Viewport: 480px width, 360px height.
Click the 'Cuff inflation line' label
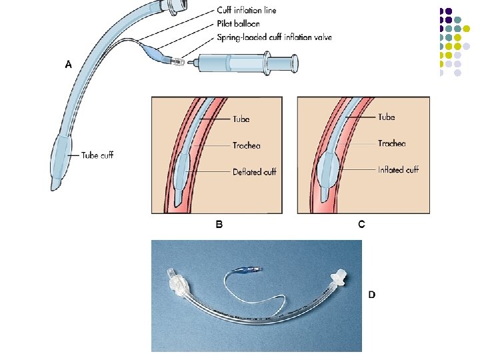[247, 11]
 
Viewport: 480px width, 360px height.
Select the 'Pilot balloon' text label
[238, 24]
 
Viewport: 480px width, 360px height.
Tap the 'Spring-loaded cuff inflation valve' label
[275, 37]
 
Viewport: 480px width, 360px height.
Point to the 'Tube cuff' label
[97, 155]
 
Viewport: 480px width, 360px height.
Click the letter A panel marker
[68, 65]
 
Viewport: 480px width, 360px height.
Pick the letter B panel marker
[219, 225]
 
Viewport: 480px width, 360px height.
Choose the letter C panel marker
[361, 225]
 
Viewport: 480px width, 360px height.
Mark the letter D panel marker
[372, 295]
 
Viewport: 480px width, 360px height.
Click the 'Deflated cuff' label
[254, 172]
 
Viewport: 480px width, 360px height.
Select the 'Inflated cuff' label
[398, 170]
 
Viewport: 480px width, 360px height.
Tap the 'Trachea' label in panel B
[246, 145]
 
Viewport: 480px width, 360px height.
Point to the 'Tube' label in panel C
[386, 117]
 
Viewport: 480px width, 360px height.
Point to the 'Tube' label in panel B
[241, 119]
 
